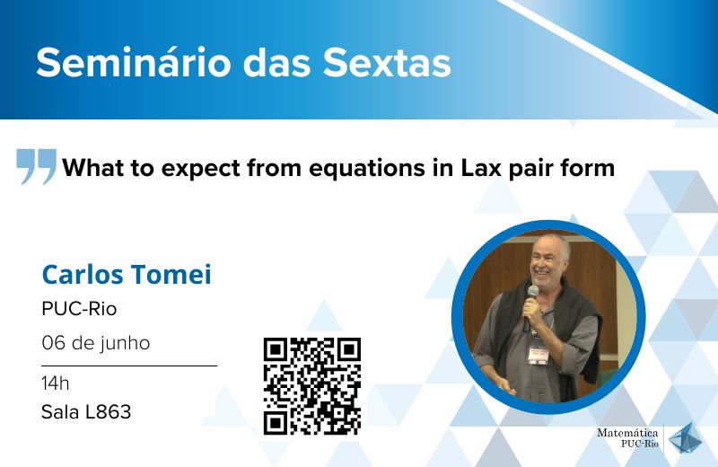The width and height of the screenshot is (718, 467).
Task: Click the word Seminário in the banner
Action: [x=133, y=63]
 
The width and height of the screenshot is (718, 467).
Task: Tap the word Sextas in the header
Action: [x=387, y=63]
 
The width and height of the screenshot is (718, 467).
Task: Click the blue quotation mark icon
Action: [x=36, y=166]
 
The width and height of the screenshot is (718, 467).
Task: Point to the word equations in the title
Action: [x=367, y=168]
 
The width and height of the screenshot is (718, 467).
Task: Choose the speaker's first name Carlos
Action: [x=83, y=275]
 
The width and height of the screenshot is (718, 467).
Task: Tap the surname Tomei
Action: [x=171, y=275]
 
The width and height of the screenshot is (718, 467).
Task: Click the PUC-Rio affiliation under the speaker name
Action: [x=79, y=309]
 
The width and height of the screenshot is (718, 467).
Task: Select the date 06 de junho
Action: [x=96, y=343]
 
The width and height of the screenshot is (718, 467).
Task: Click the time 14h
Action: [x=56, y=383]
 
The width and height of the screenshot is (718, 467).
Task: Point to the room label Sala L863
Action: [x=86, y=412]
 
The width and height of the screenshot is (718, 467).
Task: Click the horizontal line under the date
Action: [x=129, y=366]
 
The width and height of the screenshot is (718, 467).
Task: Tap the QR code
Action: [x=312, y=386]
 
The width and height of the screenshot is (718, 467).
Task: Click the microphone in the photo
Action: [x=530, y=308]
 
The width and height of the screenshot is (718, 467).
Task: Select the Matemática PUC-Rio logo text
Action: [x=627, y=437]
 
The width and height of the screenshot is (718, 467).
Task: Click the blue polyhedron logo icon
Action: [x=685, y=437]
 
